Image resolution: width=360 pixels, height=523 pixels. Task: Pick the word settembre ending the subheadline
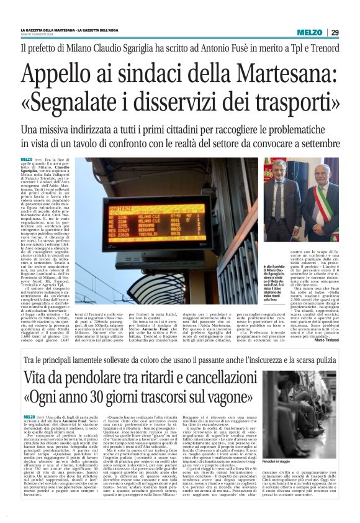pyautogui.click(x=299, y=143)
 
